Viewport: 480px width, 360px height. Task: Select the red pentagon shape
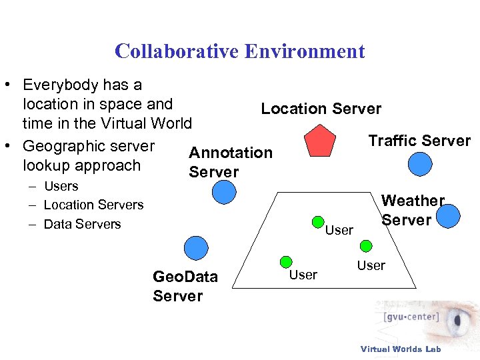(319, 141)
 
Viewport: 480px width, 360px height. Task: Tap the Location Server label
(321, 109)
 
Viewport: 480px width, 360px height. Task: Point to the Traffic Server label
(419, 141)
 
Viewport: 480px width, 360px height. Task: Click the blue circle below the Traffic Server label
(420, 164)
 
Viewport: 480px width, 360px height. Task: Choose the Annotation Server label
(231, 162)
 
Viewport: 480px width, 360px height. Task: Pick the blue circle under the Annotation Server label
(224, 193)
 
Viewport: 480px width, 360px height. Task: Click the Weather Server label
(413, 210)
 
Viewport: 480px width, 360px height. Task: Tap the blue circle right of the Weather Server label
(449, 215)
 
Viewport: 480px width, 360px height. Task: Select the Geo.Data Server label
(185, 286)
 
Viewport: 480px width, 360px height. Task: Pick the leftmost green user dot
(285, 262)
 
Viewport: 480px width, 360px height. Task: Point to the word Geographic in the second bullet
(61, 146)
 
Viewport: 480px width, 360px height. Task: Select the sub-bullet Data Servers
(82, 224)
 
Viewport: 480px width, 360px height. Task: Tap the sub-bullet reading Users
(61, 186)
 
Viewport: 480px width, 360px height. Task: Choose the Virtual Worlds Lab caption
(400, 349)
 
